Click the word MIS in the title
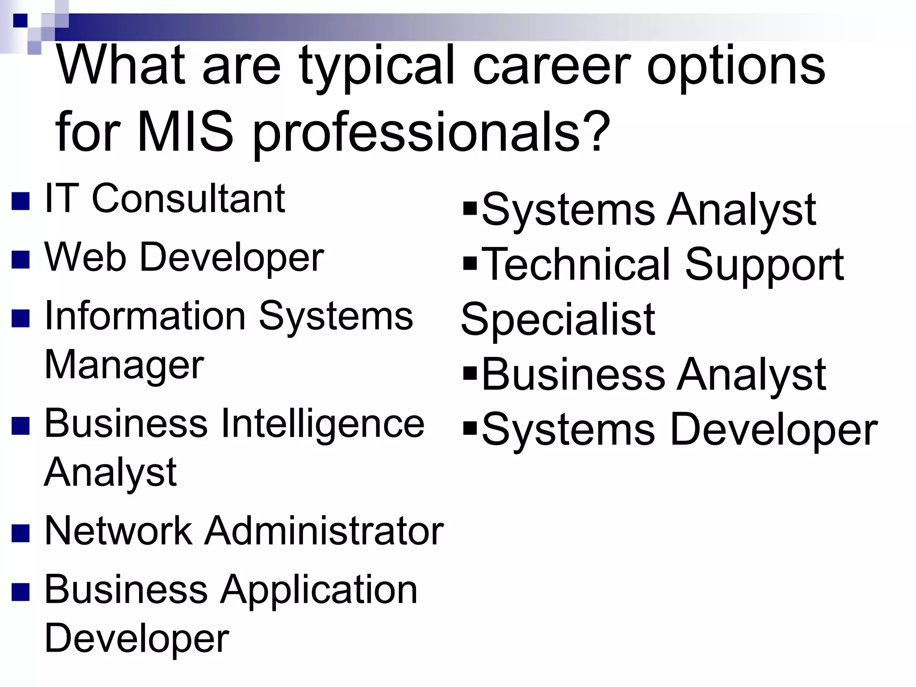[185, 132]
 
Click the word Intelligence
[322, 424]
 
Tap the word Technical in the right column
[577, 265]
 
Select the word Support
[764, 265]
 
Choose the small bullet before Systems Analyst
[470, 208]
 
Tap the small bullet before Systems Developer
[470, 428]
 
